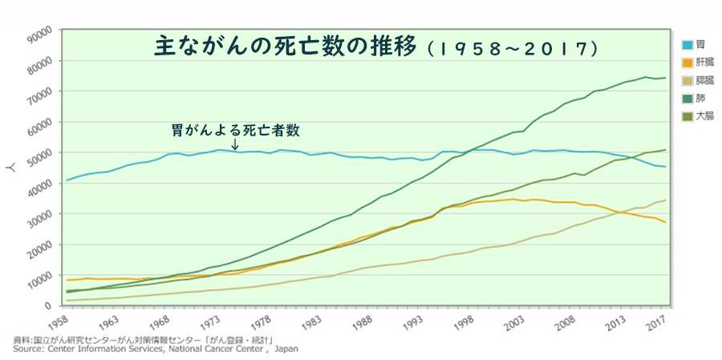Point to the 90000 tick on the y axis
[x=38, y=31]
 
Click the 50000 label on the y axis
[x=38, y=153]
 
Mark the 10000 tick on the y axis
[x=38, y=276]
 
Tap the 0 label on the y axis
[x=48, y=306]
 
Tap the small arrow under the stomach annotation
[x=234, y=145]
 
